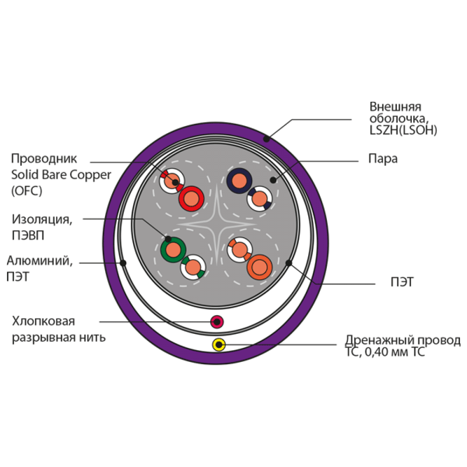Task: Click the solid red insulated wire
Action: click(x=191, y=198)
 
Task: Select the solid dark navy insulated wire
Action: click(x=239, y=181)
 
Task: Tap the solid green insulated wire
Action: click(x=173, y=249)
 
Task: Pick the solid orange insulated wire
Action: click(x=259, y=267)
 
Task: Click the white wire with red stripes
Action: click(x=172, y=181)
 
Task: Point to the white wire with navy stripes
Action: click(x=259, y=198)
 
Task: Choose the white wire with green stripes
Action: click(x=193, y=267)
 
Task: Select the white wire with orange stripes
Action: click(x=240, y=249)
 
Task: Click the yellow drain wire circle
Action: click(x=219, y=345)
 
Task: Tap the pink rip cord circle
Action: click(x=217, y=322)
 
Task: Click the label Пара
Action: click(x=383, y=159)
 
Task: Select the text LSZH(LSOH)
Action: click(x=403, y=130)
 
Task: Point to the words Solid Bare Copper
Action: click(x=61, y=175)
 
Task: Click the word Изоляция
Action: click(x=42, y=219)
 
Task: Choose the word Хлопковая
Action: click(x=43, y=321)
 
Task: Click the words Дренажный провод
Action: click(x=403, y=340)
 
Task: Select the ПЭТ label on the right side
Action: click(x=402, y=282)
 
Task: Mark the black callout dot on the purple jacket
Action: click(x=267, y=139)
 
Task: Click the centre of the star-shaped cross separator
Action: click(x=217, y=224)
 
